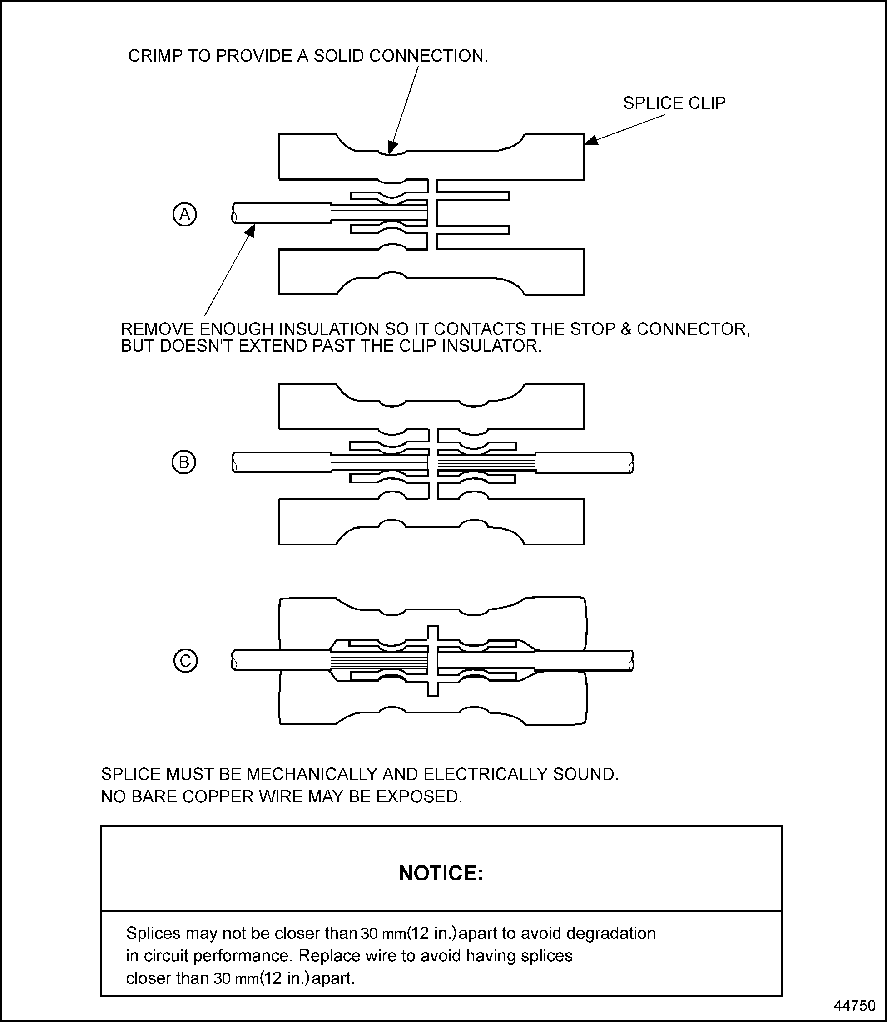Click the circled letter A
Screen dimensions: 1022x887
point(185,215)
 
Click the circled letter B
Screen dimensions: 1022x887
point(183,462)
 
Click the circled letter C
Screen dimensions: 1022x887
point(186,661)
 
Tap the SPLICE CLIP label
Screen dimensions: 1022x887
point(674,103)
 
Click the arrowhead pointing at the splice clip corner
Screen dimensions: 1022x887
point(592,141)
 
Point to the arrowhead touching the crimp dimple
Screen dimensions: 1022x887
point(392,147)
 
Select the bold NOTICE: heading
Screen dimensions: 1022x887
point(441,873)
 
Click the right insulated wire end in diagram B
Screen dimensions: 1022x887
point(584,462)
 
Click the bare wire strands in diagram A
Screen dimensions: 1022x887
point(379,213)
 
